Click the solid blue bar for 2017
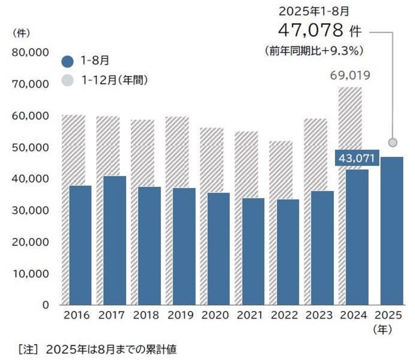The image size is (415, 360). click(114, 240)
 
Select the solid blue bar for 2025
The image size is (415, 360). click(391, 230)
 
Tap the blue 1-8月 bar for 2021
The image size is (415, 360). click(253, 251)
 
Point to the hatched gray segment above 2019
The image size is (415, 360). click(184, 152)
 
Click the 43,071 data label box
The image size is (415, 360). click(357, 158)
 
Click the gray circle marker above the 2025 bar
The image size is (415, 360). click(392, 142)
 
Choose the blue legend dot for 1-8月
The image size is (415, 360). click(67, 61)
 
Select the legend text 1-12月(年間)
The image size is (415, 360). click(114, 80)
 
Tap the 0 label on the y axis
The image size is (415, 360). click(46, 305)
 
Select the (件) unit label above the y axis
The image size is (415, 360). click(22, 33)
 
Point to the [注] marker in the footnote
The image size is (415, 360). click(27, 349)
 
